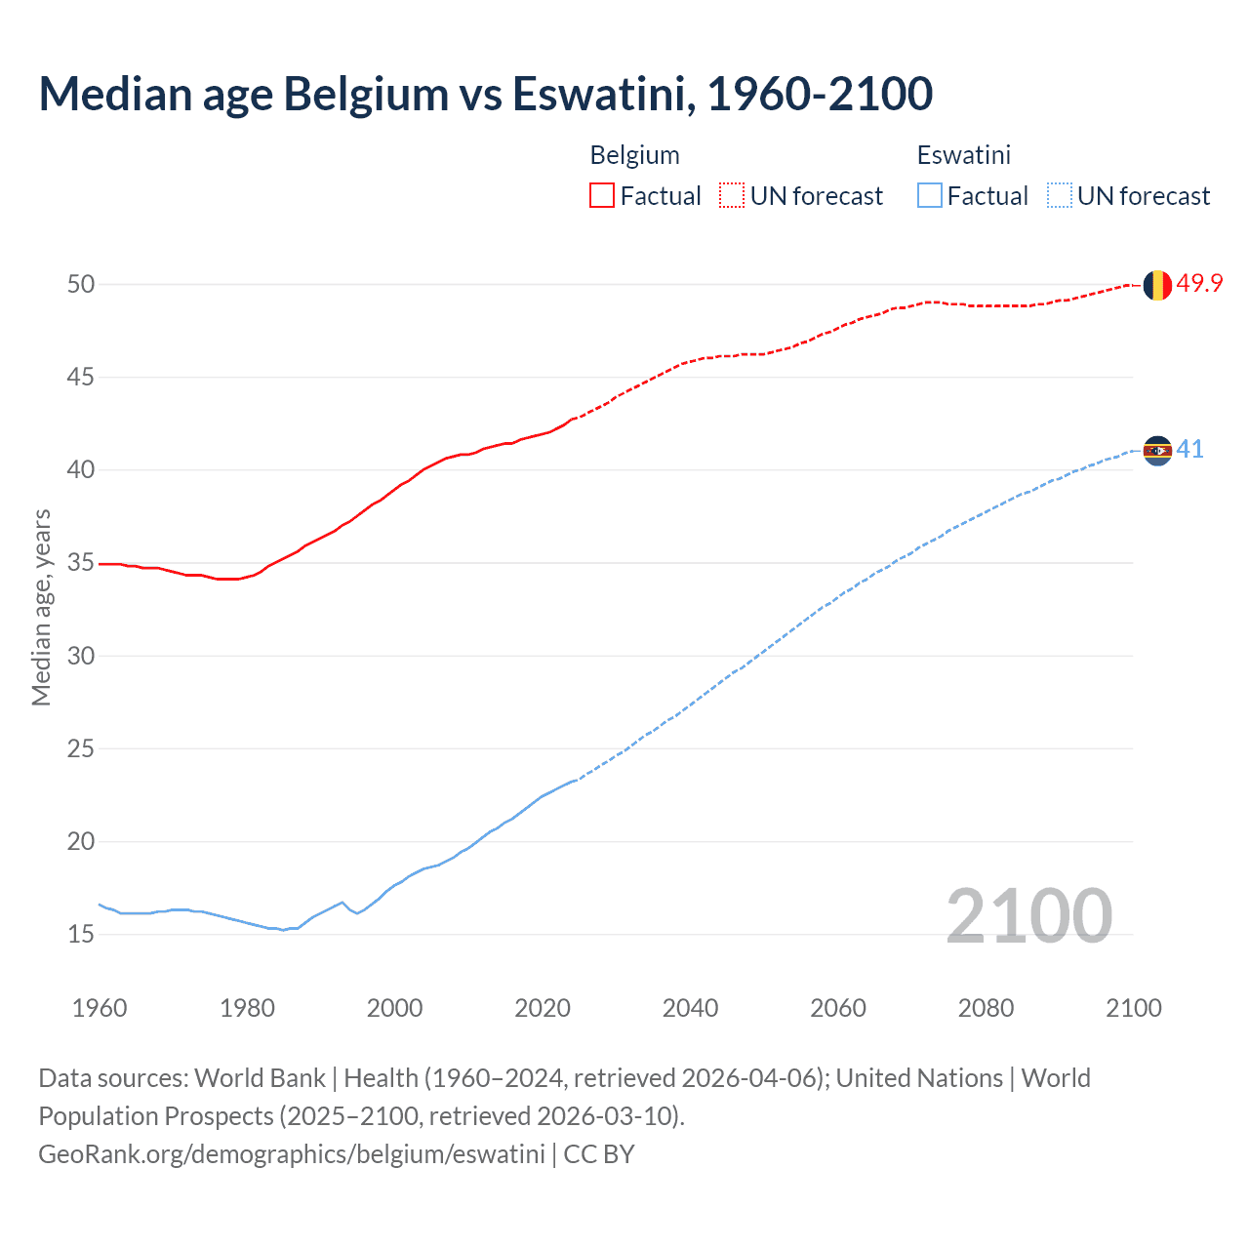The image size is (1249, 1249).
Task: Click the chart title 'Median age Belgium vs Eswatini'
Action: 485,94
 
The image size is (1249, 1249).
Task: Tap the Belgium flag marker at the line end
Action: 1156,285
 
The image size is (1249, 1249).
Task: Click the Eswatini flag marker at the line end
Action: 1156,451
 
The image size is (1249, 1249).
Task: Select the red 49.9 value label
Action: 1199,284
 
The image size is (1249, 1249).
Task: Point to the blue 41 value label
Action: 1189,450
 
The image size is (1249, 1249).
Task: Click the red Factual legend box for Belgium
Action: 602,196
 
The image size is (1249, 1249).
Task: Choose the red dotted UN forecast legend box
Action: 732,196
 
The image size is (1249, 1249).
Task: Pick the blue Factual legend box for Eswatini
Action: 930,196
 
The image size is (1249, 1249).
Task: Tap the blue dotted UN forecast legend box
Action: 1060,196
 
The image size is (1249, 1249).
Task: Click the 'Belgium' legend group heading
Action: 634,155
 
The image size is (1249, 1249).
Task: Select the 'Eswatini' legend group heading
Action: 963,155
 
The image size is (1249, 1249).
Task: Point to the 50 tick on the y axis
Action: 81,285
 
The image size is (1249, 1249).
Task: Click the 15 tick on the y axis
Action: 81,935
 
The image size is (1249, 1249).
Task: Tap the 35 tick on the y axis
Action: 81,563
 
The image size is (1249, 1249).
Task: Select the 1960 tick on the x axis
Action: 100,1008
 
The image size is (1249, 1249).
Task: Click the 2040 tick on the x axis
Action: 690,1008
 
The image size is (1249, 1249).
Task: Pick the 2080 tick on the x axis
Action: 986,1008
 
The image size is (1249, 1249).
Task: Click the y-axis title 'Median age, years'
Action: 41,607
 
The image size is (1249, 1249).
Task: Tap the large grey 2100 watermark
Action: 1028,916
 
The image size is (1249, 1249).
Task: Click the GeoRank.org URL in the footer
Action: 291,1154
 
